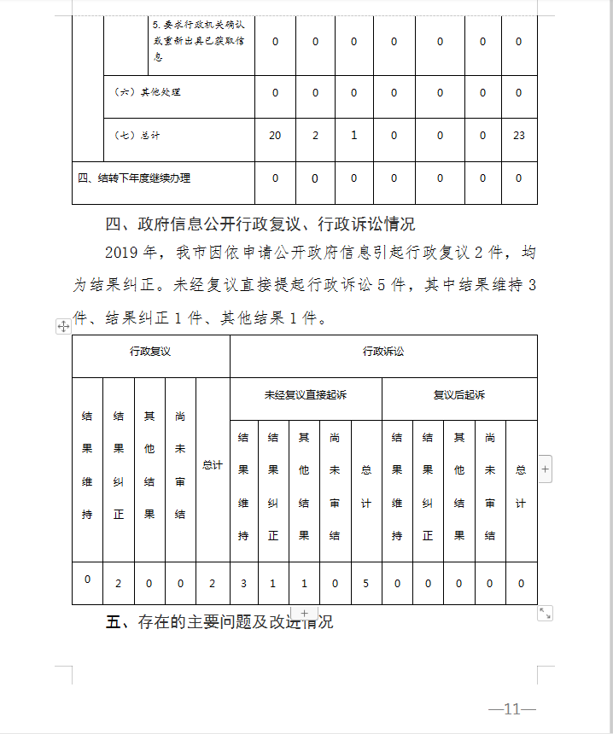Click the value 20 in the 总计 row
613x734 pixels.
pos(275,136)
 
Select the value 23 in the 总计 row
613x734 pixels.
pos(518,136)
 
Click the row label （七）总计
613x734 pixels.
pos(137,136)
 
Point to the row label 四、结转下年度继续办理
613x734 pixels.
pos(133,178)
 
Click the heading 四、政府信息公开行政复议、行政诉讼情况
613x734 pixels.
pos(260,224)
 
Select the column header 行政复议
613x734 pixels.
pos(150,352)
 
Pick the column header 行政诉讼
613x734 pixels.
pos(383,352)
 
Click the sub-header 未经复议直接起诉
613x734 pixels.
pos(306,395)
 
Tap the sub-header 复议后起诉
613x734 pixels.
pos(459,395)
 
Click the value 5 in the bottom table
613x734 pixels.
pos(366,584)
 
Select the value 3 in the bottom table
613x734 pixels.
pos(243,584)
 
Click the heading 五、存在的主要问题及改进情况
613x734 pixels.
pos(219,622)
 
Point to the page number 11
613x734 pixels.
pos(512,709)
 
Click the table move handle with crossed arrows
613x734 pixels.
pos(63,326)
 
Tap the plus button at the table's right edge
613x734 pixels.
pos(546,469)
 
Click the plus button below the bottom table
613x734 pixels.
pos(305,614)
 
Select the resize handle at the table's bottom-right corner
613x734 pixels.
pos(545,613)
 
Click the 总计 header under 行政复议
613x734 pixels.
pos(212,465)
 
